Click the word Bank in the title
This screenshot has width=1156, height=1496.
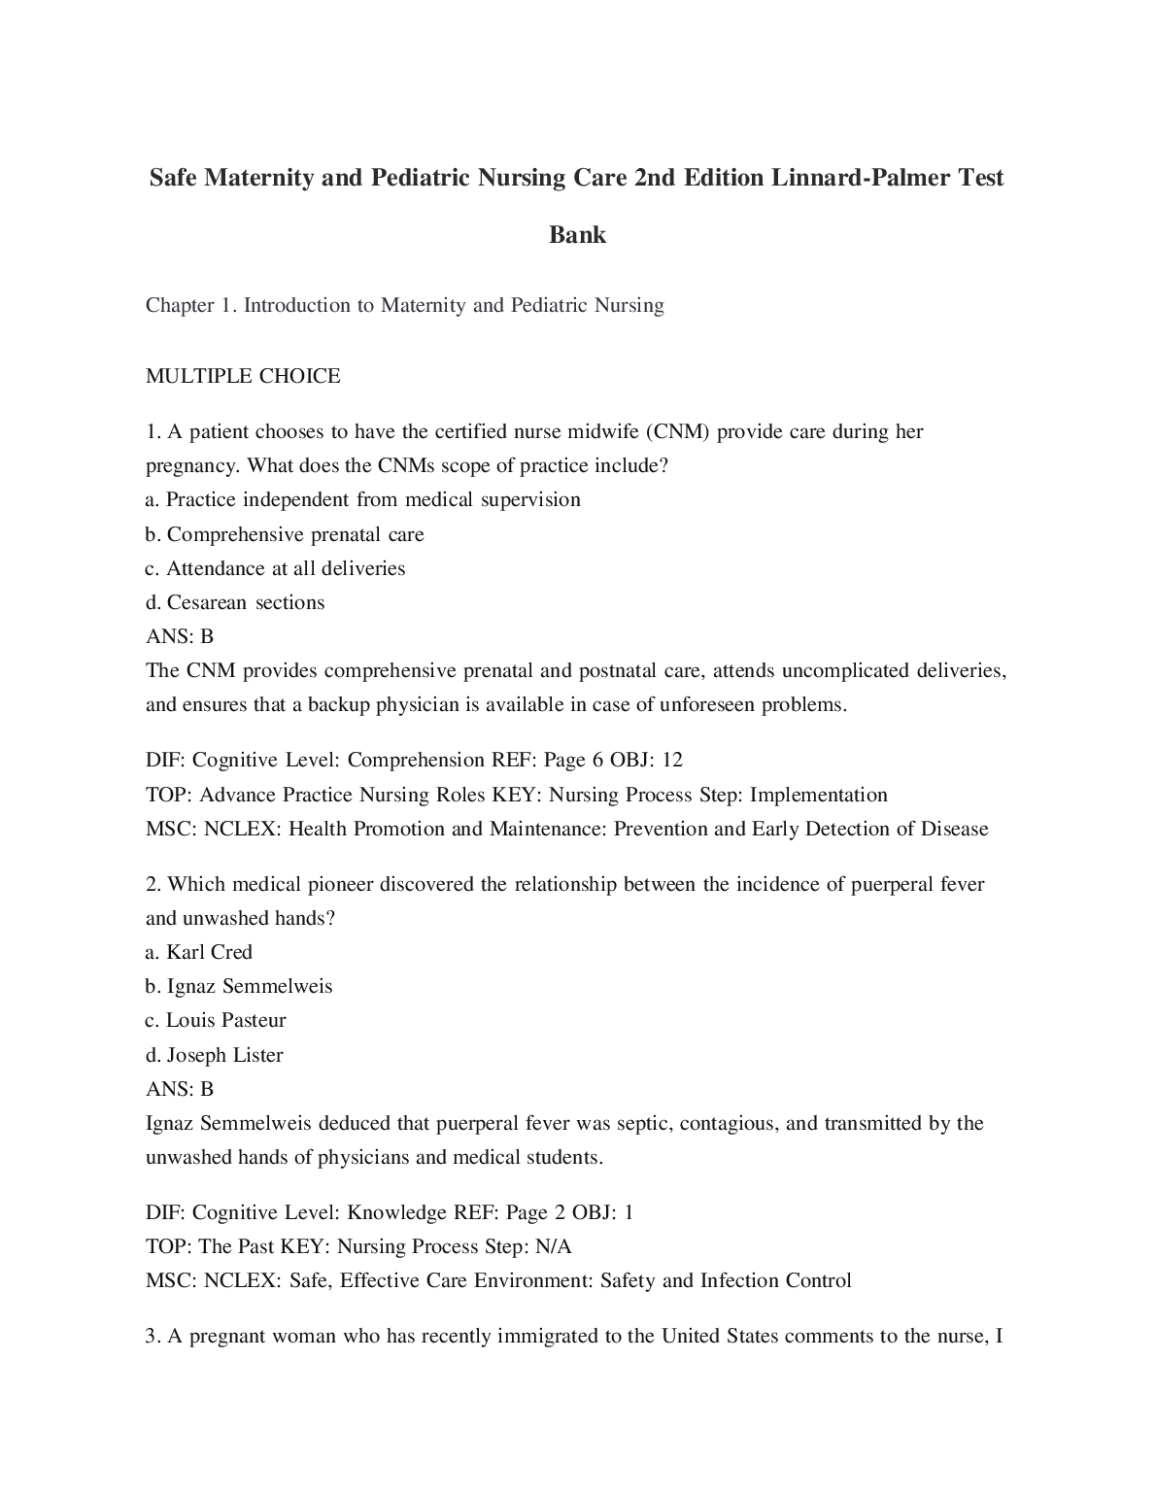coord(577,235)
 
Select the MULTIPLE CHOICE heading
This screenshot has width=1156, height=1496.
coord(243,376)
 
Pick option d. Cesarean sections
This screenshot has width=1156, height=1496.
coord(235,602)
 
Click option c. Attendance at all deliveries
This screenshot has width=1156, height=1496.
coord(275,568)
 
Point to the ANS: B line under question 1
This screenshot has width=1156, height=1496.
coord(180,636)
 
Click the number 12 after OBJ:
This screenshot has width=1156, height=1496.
coord(671,760)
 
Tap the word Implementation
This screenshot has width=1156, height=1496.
coord(818,795)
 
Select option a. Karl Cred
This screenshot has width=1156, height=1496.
coord(199,952)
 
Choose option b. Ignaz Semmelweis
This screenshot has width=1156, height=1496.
coord(239,986)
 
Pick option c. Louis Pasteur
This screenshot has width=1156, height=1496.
coord(216,1020)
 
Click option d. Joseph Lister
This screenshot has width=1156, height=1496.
coord(215,1055)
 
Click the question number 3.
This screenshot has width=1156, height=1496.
coord(153,1336)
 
